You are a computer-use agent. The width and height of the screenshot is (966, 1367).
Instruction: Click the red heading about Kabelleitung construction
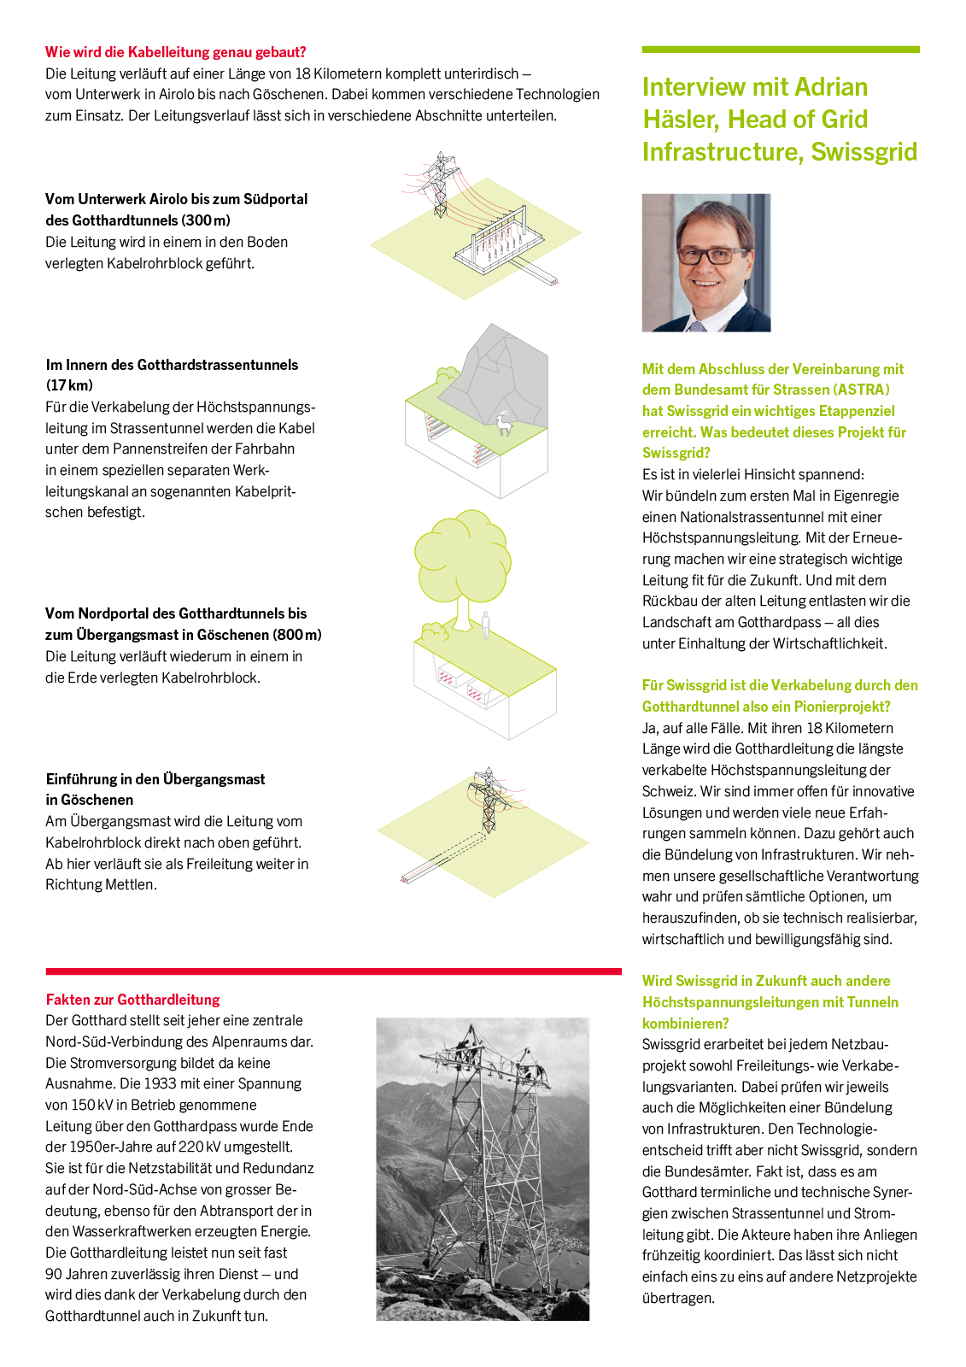tap(175, 52)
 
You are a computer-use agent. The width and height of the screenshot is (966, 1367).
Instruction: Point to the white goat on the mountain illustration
tap(505, 424)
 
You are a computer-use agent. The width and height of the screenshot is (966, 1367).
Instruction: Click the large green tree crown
tap(463, 555)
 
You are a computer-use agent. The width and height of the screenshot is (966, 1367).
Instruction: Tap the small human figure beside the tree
tap(486, 625)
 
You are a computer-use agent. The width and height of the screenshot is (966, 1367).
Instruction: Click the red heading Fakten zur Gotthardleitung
tap(132, 1000)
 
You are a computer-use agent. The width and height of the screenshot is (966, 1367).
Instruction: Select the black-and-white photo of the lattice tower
tap(483, 1169)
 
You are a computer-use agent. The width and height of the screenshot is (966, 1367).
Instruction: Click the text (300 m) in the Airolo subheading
tap(206, 220)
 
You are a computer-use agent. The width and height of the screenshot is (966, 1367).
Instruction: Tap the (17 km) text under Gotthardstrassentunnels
tap(69, 385)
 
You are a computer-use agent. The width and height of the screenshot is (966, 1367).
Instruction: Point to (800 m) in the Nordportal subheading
tap(297, 635)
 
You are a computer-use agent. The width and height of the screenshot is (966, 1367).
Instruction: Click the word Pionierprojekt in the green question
tap(841, 707)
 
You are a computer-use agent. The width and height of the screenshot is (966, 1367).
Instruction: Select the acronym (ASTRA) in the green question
tap(862, 390)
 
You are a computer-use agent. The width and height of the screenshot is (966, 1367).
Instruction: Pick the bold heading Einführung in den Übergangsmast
tap(155, 779)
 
